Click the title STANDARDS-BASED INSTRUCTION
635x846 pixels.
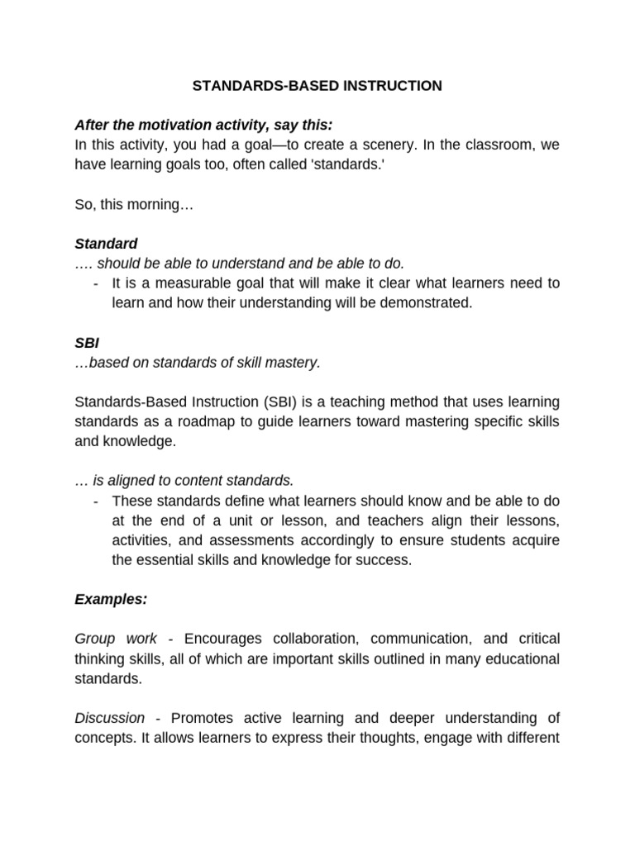pos(317,86)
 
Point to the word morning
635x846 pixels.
pos(159,204)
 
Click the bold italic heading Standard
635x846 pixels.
pos(106,244)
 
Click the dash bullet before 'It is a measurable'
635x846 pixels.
pos(97,283)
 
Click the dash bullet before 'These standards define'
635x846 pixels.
pos(97,501)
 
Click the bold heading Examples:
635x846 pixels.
pos(111,600)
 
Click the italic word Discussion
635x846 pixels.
pos(109,718)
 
